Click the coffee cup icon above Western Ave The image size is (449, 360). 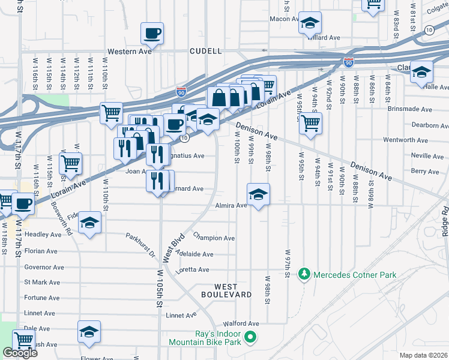152,33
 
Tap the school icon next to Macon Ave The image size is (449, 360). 310,23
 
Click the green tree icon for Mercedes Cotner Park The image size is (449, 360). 305,274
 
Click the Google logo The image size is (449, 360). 20,353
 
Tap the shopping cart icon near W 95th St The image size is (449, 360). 310,123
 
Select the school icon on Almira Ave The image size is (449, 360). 258,194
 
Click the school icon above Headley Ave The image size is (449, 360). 90,223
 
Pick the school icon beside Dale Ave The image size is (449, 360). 89,332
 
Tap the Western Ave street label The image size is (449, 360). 127,52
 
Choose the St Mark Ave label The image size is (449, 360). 42,282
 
